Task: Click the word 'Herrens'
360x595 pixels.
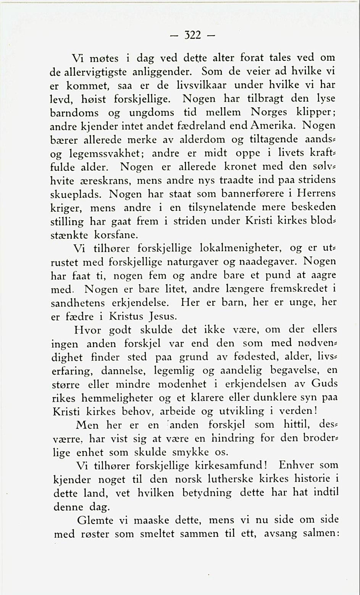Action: [314, 193]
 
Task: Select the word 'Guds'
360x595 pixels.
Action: [324, 384]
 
